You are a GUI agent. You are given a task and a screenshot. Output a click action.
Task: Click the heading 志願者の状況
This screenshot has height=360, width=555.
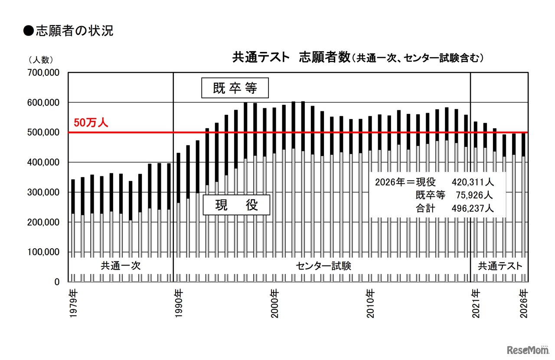point(69,31)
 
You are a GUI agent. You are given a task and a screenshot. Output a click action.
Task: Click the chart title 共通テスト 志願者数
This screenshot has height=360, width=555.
point(291,57)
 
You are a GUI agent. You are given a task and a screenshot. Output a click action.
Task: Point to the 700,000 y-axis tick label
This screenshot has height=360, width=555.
point(43,73)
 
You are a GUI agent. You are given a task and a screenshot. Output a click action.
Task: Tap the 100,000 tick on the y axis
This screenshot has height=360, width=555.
point(43,252)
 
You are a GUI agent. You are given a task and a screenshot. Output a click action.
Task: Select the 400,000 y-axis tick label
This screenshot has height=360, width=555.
point(43,162)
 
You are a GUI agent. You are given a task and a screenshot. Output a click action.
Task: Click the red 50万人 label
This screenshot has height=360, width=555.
point(90,122)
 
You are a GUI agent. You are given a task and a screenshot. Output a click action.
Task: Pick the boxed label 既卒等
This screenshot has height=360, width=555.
point(235,88)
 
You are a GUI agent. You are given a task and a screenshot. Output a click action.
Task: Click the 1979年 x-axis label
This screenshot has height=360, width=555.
point(73,303)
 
